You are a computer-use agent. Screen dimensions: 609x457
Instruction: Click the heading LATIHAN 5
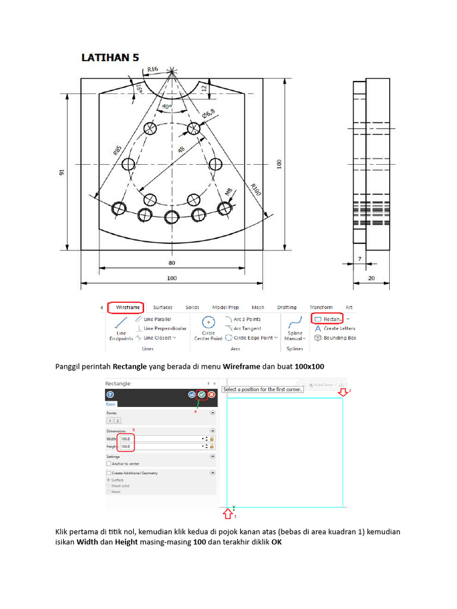pos(110,58)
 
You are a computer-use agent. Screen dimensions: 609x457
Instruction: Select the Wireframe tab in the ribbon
pos(128,307)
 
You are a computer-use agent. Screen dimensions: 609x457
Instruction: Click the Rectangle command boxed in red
pos(327,319)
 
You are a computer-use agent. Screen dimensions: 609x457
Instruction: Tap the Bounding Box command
pos(336,338)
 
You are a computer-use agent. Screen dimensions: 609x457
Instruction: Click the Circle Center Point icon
pos(208,322)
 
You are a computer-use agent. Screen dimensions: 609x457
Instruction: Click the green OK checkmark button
pos(202,394)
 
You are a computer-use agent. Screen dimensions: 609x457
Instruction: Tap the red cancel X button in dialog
pos(211,394)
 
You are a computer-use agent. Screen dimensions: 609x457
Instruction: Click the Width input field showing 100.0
pos(127,438)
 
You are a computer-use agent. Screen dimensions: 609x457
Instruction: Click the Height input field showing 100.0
pos(127,445)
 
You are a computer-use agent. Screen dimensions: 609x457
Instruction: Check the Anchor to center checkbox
pos(108,463)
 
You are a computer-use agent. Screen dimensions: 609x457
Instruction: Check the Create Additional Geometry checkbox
pos(108,473)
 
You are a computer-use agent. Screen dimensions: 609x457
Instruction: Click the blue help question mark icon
pos(110,394)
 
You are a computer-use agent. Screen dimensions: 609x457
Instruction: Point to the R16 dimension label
pos(152,70)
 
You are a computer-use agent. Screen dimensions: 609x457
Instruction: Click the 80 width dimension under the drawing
pos(171,262)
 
